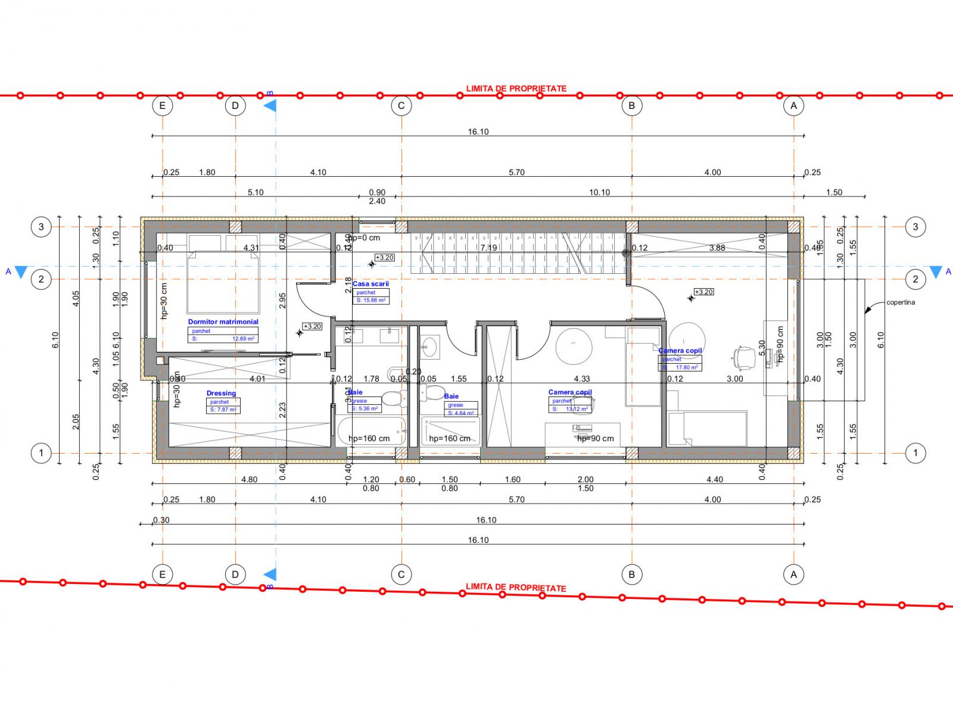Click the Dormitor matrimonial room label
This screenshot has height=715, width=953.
pos(223,321)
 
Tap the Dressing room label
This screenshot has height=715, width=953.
pos(221,393)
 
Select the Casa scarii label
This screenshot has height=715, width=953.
pos(370,284)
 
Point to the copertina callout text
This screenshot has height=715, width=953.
pos(900,302)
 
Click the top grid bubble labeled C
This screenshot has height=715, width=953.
pos(401,106)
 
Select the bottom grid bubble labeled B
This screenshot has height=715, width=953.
pos(631,575)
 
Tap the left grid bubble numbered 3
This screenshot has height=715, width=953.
pos(41,226)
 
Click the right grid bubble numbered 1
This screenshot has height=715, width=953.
pos(915,453)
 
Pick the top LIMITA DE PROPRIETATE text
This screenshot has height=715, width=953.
pos(516,89)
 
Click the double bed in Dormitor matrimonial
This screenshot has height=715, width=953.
pos(223,282)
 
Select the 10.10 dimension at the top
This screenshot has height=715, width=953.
pos(599,192)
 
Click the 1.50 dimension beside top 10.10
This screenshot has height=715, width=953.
pos(834,192)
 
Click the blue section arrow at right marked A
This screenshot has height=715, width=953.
pos(936,272)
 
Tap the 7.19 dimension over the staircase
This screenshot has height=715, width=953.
pos(488,248)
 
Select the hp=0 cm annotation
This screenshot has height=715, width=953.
pos(365,238)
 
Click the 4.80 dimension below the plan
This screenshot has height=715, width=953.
pos(248,479)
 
